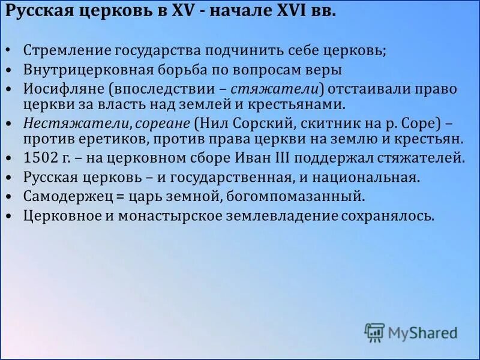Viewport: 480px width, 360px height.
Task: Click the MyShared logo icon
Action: [x=374, y=332]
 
